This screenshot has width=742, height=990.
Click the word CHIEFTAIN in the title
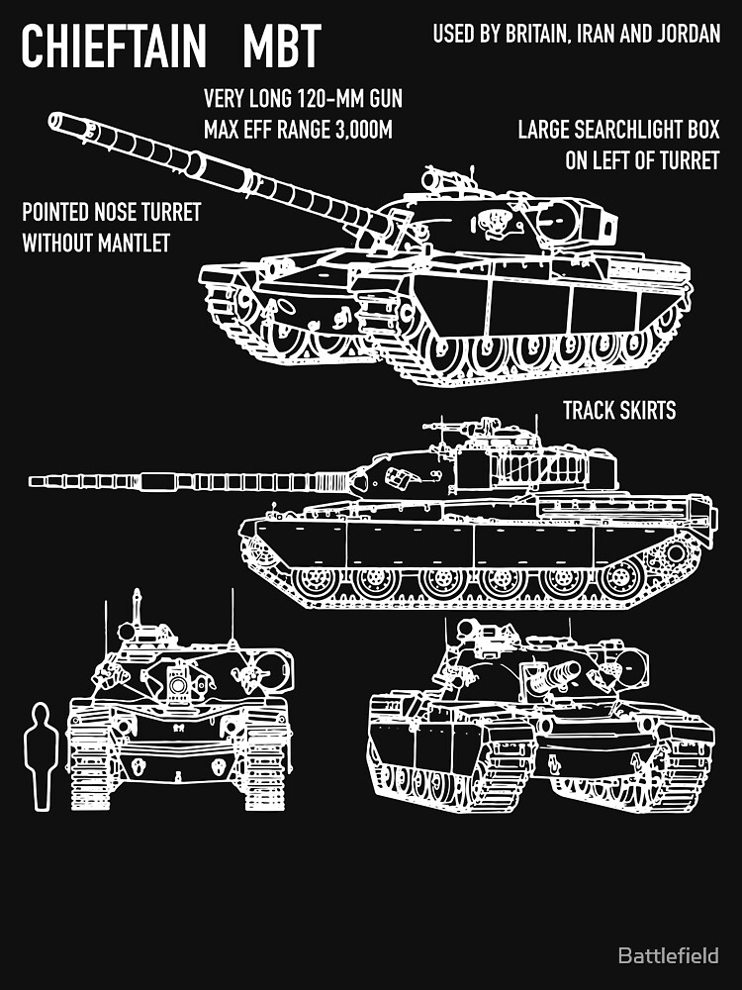point(121,46)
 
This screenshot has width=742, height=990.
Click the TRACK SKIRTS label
point(619,410)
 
